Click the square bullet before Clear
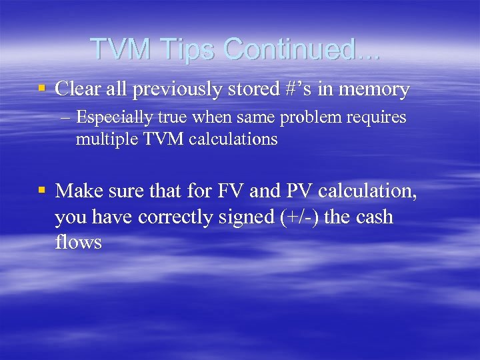(42, 89)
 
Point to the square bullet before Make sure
(42, 191)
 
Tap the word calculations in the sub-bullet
(233, 139)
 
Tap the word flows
(79, 242)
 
